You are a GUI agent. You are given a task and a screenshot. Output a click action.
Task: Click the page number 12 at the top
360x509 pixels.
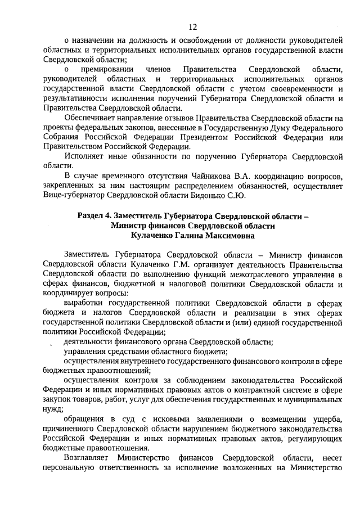click(x=192, y=26)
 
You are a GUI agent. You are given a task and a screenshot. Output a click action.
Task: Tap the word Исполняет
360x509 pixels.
click(x=84, y=156)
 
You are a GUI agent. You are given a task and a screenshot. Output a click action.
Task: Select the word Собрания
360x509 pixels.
click(x=60, y=138)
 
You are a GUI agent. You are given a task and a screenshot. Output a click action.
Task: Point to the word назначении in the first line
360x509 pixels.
click(x=91, y=40)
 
